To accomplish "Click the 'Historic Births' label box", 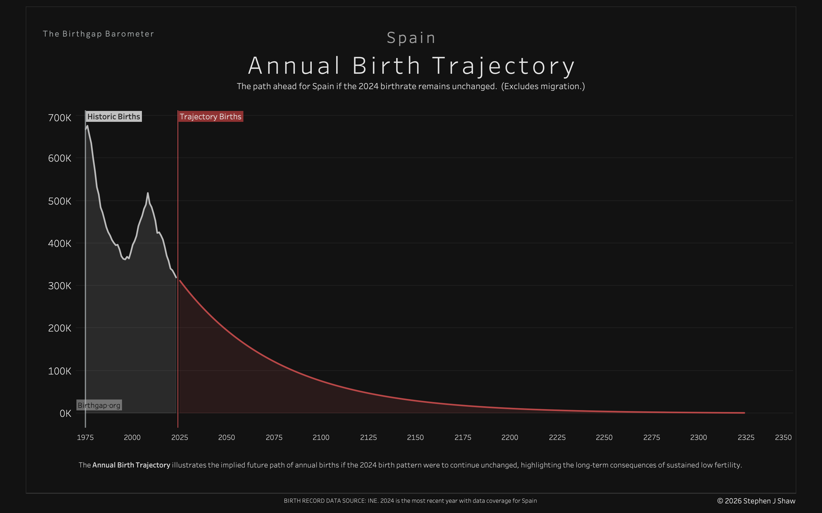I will pos(113,116).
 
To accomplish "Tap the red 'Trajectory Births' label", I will pos(210,116).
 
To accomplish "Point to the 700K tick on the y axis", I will pos(60,118).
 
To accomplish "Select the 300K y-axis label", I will pos(60,286).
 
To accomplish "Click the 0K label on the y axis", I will pos(65,413).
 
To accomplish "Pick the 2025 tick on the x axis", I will pos(179,437).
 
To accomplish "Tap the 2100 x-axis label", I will pos(321,437).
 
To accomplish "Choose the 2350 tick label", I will pos(783,437).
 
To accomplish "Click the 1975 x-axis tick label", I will pos(85,437).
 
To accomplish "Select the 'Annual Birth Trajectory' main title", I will pos(411,65).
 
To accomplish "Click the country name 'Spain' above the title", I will pos(411,38).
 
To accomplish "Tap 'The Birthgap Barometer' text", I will pos(99,34).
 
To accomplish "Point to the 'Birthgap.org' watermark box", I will pos(99,405).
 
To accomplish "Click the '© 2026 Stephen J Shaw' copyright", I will pos(756,501).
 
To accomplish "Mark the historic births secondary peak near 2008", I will pos(148,193).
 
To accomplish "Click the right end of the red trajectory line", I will pos(744,413).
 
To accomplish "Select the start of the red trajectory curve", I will pos(180,281).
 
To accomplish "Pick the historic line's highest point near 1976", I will pos(87,126).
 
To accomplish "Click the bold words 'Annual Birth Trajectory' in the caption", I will pos(131,465).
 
